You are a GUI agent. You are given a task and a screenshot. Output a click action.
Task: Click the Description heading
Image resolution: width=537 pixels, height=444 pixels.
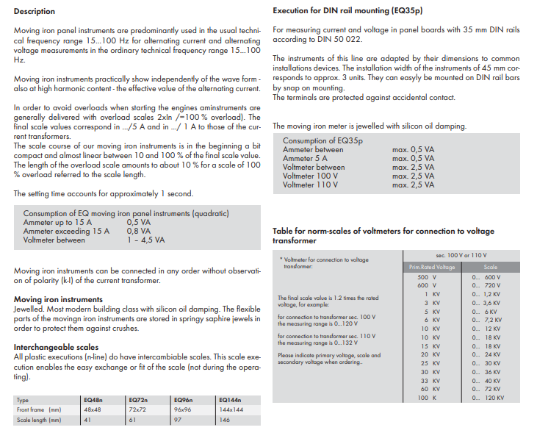point(35,12)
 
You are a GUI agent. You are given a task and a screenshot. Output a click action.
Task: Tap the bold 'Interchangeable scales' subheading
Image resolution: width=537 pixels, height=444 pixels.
point(56,347)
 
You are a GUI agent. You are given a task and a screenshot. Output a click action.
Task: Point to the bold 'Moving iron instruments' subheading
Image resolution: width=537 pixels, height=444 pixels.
point(58,300)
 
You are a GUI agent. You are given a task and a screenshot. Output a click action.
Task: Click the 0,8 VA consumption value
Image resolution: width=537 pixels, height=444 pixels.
point(139,231)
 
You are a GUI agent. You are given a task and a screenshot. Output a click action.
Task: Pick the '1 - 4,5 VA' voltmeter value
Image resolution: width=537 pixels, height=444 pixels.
point(145,240)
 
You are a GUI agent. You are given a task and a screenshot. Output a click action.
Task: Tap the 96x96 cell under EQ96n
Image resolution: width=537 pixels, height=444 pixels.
point(182,409)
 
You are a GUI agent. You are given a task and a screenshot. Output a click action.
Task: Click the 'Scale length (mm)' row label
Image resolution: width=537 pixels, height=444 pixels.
point(39,420)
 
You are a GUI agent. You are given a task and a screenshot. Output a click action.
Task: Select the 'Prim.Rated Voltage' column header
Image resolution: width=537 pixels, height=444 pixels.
point(432,267)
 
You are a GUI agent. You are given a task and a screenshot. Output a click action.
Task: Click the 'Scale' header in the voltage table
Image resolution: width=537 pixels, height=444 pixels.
point(490,267)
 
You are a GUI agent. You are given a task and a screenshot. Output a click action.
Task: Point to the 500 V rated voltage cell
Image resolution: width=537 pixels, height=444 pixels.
point(427,276)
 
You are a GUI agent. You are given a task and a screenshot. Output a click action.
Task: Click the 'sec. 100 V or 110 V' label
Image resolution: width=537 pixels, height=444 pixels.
point(461,254)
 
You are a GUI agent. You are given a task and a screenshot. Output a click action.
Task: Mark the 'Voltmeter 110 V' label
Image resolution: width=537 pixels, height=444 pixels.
point(311,185)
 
